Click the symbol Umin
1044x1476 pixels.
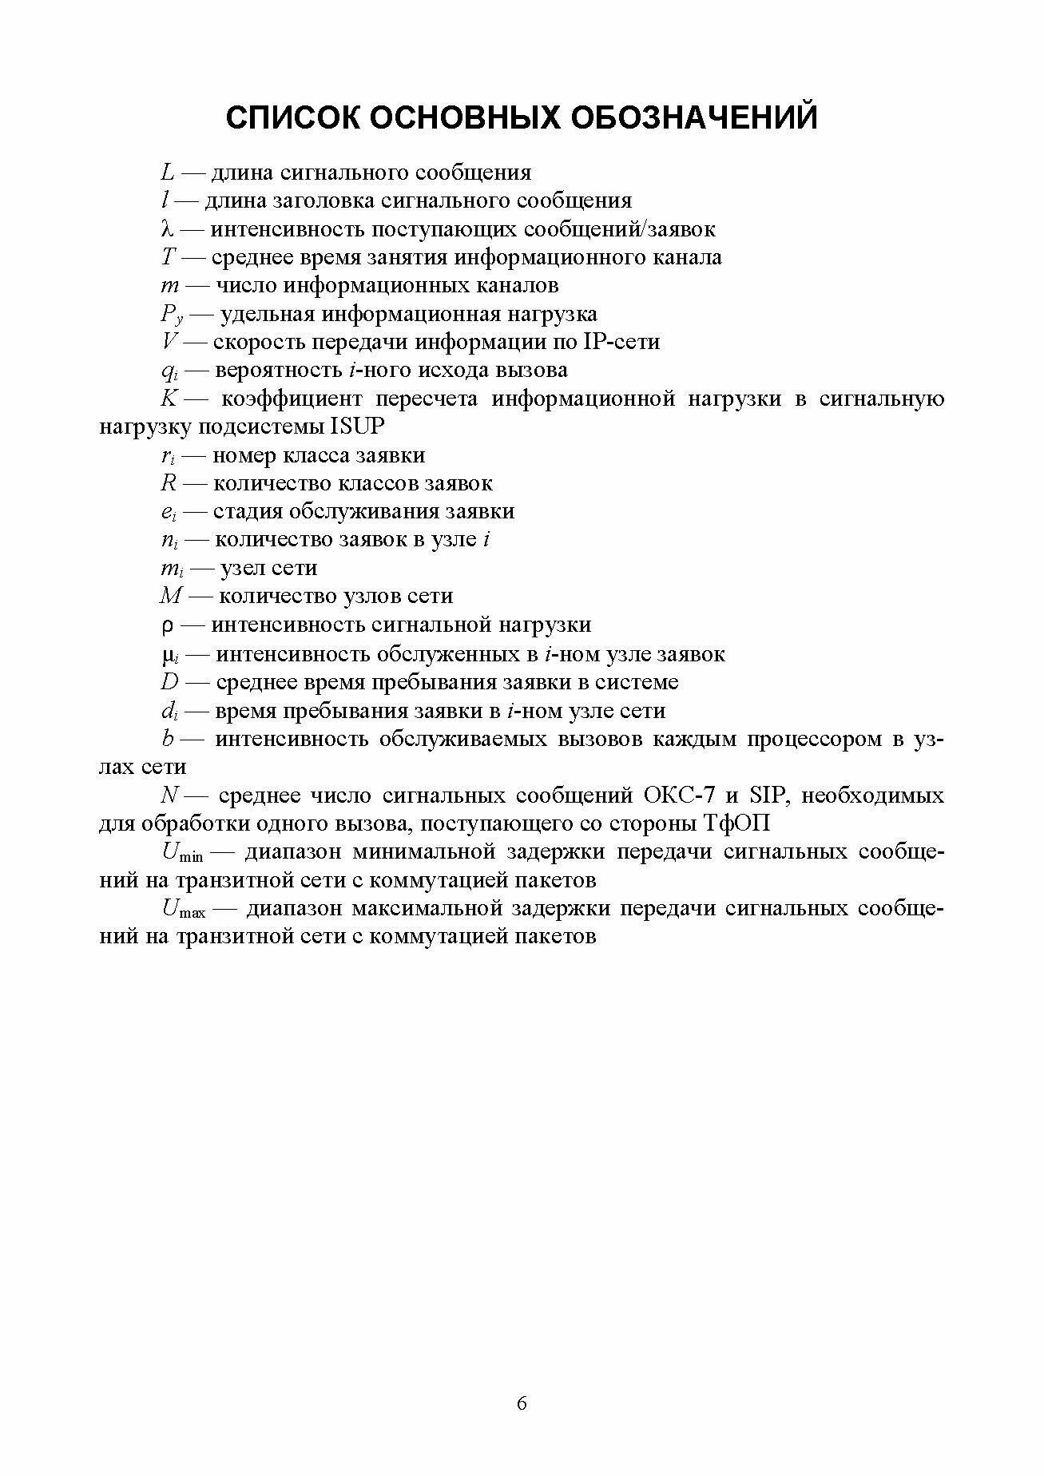click(x=181, y=853)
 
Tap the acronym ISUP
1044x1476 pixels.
click(x=357, y=427)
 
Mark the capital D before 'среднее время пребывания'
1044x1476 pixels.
click(x=170, y=683)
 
